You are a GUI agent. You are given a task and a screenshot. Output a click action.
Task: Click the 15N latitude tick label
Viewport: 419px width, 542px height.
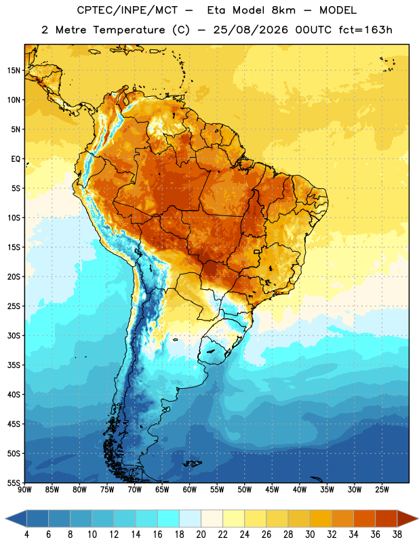[14, 70]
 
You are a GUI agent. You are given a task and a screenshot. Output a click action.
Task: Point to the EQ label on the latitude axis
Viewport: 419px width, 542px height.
[16, 159]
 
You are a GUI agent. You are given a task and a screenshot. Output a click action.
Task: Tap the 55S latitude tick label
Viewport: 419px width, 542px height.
[14, 482]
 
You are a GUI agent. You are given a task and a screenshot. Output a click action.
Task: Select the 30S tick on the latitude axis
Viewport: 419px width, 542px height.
[14, 335]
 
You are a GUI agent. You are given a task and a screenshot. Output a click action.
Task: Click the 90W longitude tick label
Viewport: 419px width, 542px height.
[24, 490]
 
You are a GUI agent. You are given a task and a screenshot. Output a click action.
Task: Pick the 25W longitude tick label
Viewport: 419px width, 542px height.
[382, 490]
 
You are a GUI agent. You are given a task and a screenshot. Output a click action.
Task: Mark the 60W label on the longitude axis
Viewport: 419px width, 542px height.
[190, 490]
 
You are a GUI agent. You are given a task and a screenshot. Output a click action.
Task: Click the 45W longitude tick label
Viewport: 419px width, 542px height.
[272, 490]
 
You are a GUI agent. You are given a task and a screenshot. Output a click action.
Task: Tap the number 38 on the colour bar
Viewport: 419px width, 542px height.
[397, 535]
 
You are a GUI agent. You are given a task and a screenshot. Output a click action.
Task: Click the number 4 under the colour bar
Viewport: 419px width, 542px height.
[26, 535]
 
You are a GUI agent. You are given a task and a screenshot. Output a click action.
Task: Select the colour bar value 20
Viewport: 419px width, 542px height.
[201, 535]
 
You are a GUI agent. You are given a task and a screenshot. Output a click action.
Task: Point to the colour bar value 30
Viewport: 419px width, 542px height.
[310, 535]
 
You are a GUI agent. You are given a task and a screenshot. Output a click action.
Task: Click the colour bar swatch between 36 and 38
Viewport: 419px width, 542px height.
[386, 519]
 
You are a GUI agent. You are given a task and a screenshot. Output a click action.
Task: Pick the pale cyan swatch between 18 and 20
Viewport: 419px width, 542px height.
[190, 519]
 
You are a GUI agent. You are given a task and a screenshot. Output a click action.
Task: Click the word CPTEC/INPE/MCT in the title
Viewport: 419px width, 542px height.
[127, 10]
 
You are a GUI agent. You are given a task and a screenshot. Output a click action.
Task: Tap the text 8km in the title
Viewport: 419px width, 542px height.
[283, 10]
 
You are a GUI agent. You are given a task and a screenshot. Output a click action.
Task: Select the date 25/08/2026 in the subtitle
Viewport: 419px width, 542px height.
[250, 30]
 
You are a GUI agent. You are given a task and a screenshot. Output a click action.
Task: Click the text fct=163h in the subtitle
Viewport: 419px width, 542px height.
[365, 30]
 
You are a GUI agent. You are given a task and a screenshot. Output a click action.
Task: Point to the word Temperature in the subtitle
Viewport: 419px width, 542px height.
[129, 30]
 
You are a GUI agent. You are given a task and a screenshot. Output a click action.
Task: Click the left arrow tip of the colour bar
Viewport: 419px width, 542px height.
[6, 519]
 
